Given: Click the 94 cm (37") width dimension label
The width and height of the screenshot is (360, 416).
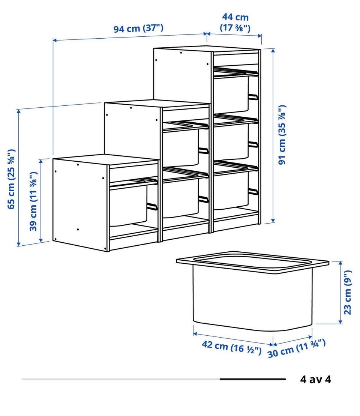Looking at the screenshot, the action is (x=138, y=28).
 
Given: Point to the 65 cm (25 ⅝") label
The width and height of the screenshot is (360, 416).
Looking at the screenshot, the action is (x=11, y=179).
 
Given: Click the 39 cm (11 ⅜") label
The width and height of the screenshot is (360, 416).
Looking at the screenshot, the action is (x=33, y=201).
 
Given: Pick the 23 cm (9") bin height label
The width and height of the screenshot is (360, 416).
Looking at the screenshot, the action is (x=348, y=292).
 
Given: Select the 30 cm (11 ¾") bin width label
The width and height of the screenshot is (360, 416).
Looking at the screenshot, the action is (x=296, y=348).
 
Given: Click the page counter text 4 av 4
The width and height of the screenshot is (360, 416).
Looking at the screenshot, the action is (x=316, y=379).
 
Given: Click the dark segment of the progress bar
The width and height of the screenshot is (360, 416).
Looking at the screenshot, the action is (x=252, y=379).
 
